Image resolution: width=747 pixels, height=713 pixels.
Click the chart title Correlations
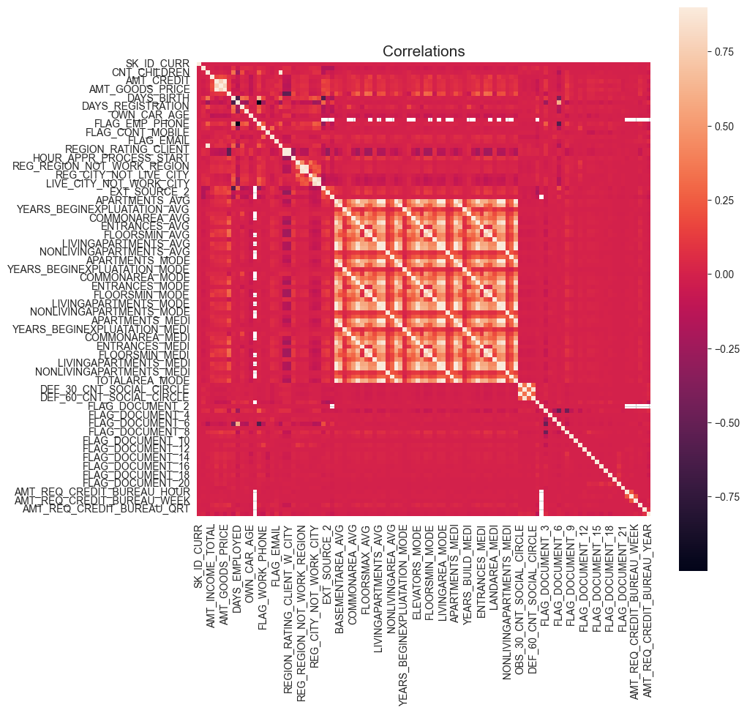(x=424, y=51)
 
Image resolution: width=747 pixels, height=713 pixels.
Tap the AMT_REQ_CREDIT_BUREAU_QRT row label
(x=107, y=509)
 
